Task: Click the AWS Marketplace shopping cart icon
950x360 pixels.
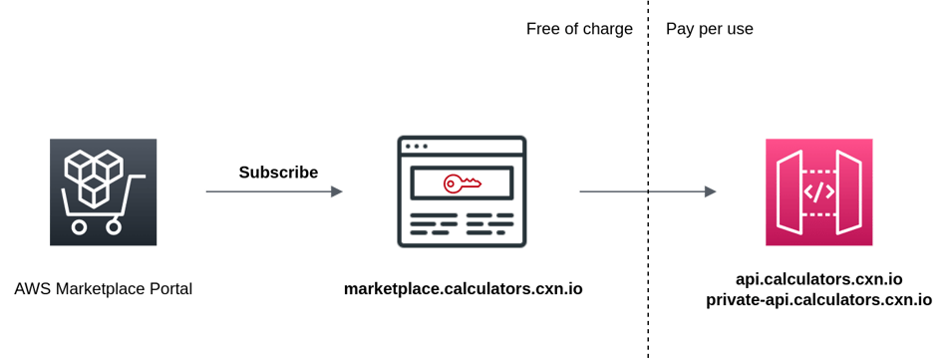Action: pos(104,192)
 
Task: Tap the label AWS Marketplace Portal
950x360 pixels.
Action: pos(104,289)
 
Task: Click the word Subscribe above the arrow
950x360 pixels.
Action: pos(278,172)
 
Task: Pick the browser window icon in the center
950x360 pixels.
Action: pos(462,191)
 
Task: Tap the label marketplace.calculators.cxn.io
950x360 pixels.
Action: pos(464,289)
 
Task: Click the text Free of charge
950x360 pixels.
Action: pos(579,29)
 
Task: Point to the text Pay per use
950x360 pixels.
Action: pos(710,29)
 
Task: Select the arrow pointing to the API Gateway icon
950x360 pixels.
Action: pos(648,191)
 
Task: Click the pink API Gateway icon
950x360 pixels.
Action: pos(818,192)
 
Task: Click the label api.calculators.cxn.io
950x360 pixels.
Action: pos(818,278)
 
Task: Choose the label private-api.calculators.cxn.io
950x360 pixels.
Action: pos(818,298)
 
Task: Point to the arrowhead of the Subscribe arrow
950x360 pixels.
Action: pos(337,191)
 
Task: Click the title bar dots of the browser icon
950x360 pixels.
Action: pos(414,146)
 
